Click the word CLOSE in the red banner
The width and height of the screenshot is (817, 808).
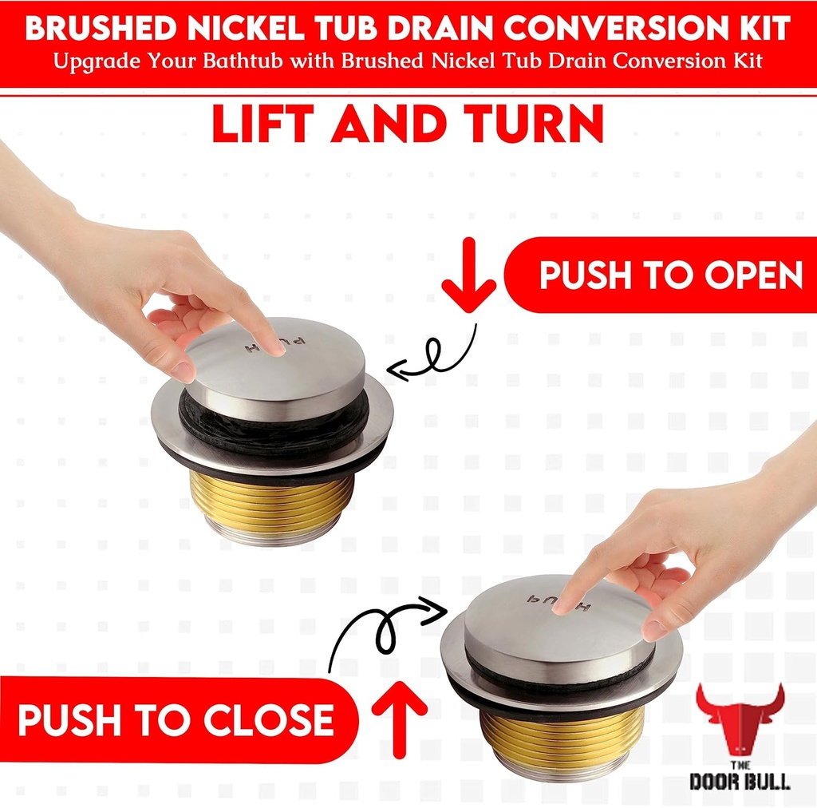click(x=267, y=721)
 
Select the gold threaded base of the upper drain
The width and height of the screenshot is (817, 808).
click(x=271, y=499)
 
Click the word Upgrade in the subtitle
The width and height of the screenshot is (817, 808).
click(x=95, y=62)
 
